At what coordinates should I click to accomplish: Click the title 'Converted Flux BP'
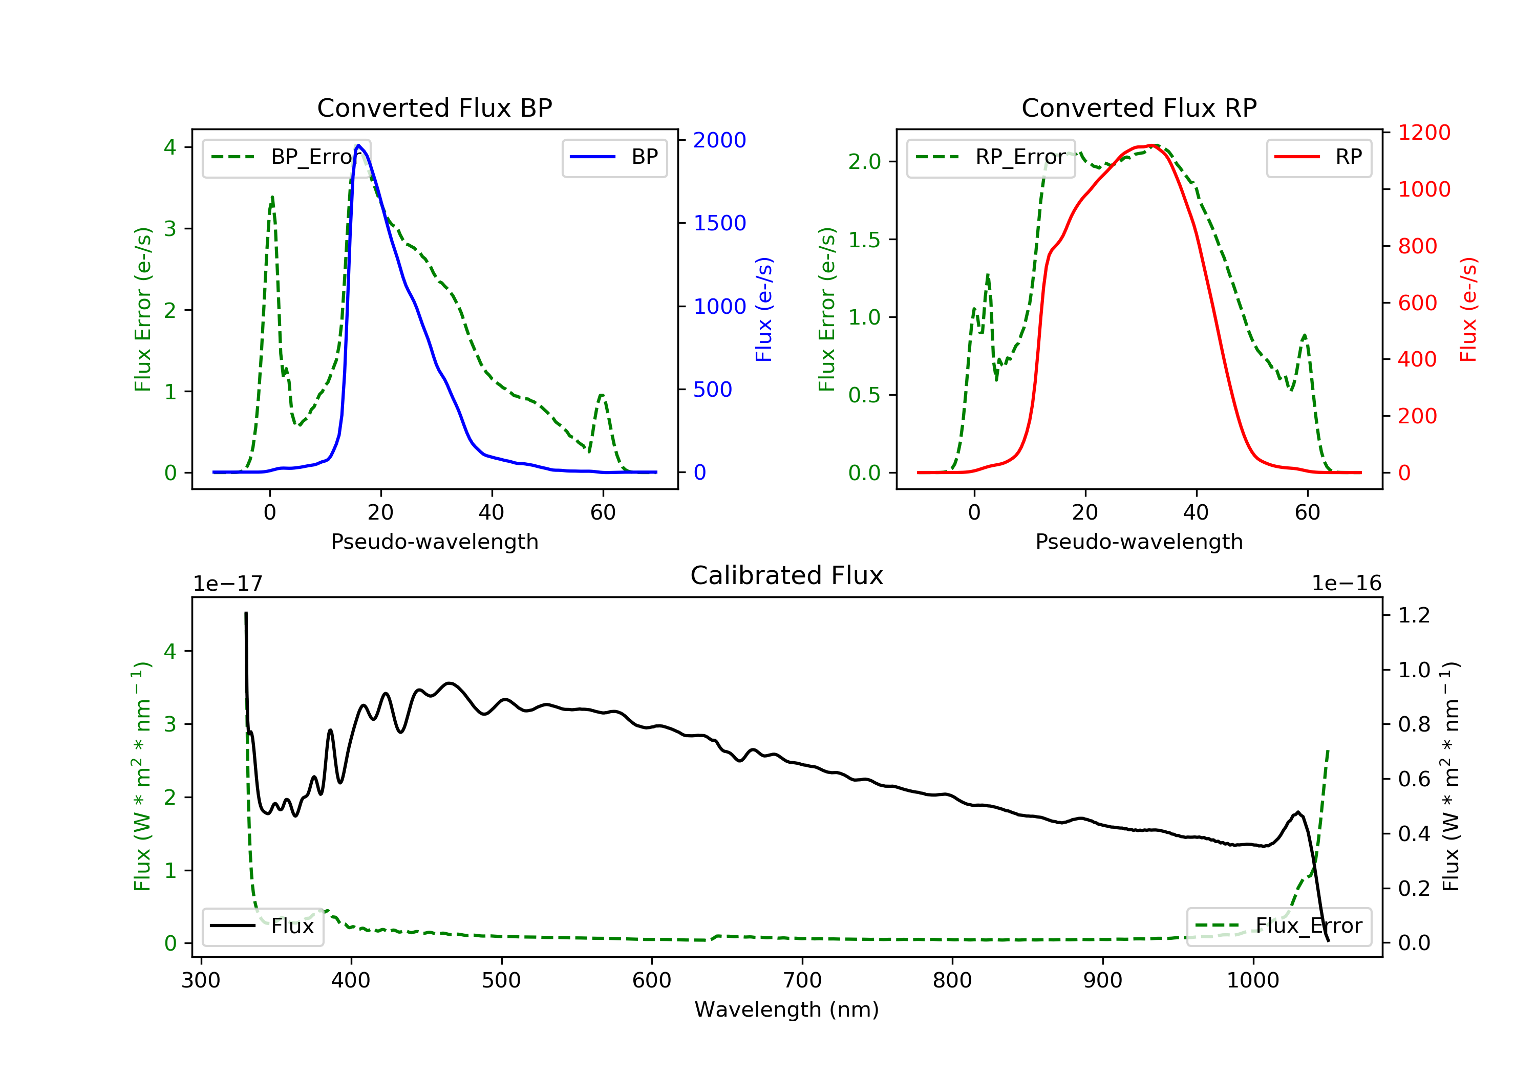[434, 107]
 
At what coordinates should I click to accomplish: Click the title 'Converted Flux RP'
[1139, 107]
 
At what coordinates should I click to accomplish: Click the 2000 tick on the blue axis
[719, 140]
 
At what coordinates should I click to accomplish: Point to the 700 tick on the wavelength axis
[802, 981]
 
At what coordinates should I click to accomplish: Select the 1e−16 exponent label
[1346, 584]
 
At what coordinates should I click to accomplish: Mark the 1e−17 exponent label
[227, 584]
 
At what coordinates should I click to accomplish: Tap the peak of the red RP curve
[1152, 145]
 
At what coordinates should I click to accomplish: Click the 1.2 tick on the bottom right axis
[1414, 615]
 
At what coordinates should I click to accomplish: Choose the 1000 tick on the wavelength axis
[1252, 981]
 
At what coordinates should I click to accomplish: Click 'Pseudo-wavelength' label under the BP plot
[434, 541]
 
